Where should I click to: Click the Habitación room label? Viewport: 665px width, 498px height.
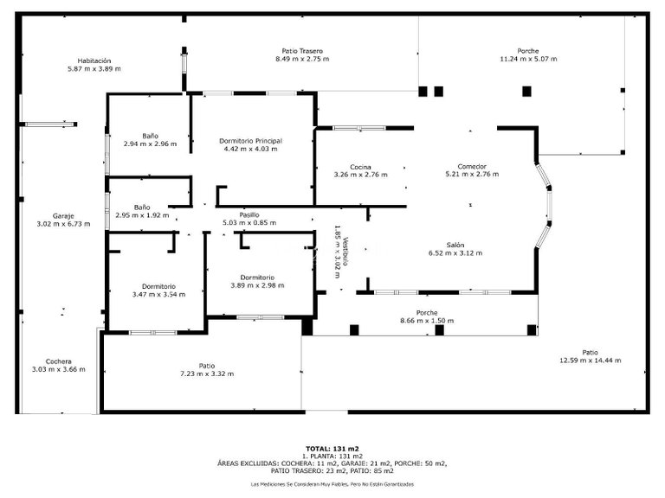click(94, 61)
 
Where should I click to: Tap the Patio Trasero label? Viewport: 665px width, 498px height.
click(302, 50)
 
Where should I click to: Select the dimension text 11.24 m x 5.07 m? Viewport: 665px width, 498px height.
click(528, 59)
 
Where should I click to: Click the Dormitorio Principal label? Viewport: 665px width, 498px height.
click(250, 140)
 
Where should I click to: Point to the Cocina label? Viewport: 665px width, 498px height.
click(360, 166)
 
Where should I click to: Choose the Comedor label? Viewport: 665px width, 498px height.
click(472, 166)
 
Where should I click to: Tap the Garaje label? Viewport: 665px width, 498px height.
click(63, 215)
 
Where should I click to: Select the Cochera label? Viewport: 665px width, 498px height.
click(59, 361)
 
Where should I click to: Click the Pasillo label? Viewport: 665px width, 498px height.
click(249, 214)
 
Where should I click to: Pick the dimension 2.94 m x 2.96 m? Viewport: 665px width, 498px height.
click(150, 144)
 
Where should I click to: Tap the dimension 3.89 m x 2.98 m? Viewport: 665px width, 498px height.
click(258, 285)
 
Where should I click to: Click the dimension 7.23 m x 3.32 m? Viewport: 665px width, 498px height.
click(206, 373)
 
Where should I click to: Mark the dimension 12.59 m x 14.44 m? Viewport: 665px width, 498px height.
click(590, 360)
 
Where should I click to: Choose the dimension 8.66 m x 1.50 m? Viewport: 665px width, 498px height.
click(426, 320)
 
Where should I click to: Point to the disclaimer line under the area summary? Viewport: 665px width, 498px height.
click(332, 484)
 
